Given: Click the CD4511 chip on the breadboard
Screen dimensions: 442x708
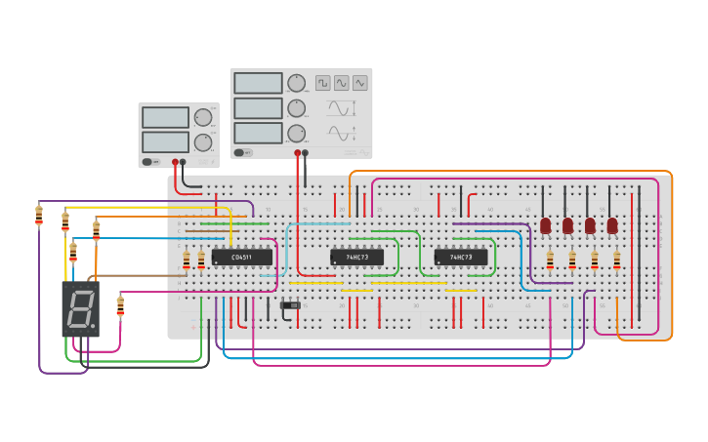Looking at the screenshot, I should point(241,258).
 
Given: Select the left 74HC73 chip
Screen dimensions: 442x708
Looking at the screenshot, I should point(356,258).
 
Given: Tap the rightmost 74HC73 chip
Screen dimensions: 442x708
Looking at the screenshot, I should point(461,258).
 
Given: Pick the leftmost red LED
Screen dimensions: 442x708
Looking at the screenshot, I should point(545,225).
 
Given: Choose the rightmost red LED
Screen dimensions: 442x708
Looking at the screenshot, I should point(612,225).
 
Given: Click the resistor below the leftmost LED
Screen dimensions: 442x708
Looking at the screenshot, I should point(550,261).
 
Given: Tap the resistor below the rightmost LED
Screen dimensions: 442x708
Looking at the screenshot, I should point(616,261).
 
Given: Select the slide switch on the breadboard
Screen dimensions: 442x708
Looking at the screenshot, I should point(290,306).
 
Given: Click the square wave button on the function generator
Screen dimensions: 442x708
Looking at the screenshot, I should point(323,83).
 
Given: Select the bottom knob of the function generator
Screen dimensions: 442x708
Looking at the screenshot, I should point(296,133).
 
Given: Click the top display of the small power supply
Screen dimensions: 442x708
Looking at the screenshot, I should point(165,117).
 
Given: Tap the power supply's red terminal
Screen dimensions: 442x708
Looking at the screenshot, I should point(176,162).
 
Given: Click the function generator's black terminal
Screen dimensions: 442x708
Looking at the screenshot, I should point(306,152).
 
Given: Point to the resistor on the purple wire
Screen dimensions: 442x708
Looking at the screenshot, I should point(39,215).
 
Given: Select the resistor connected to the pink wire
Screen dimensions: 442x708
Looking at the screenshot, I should point(120,306).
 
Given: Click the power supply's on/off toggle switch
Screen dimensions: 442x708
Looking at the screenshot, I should point(147,162).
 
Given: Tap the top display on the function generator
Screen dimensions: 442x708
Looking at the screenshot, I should point(258,83).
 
